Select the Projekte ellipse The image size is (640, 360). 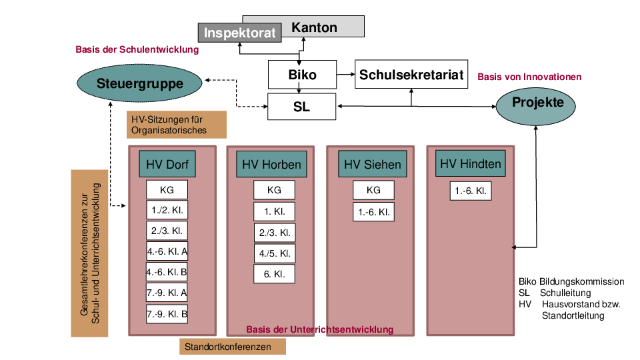537,103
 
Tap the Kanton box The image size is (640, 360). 314,27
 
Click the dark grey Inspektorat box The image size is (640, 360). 238,33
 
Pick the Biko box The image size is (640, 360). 302,75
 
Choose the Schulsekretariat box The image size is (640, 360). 411,75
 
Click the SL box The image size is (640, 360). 301,107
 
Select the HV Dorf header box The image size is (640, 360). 167,164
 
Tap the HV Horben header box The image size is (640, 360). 271,164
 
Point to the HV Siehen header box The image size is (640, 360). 373,164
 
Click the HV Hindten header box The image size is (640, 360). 471,163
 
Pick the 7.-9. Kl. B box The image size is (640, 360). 167,313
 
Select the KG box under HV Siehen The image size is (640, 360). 373,190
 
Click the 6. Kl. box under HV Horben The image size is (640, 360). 274,274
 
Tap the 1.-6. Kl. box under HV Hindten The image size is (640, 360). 471,191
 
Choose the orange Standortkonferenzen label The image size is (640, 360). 232,347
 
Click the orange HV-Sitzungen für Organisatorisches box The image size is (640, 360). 177,125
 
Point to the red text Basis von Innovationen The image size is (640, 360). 529,77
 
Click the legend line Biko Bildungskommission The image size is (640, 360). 571,282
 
